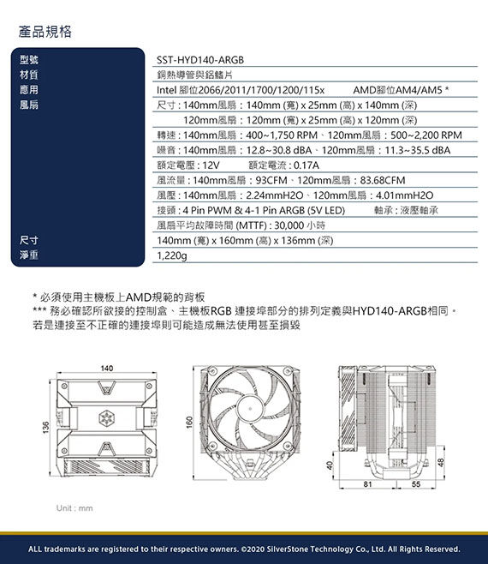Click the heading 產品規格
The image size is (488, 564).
coord(45,32)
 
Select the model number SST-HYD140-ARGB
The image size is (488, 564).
coord(200,60)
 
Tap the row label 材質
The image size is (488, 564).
coord(29,75)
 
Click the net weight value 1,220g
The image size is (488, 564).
coord(172,255)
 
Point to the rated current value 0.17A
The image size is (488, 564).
coord(306,165)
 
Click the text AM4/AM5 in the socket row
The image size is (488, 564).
coord(419,90)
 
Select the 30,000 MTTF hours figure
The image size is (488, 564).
coord(289,225)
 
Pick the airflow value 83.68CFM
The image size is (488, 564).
coord(383,180)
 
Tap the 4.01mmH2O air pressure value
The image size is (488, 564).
coord(404,195)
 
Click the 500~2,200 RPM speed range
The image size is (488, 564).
coord(426,135)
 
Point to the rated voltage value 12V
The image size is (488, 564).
coord(211,165)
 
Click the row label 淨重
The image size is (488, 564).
coord(29,255)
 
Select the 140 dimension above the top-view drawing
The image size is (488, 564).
coord(107,369)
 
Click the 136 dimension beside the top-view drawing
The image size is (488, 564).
coord(45,428)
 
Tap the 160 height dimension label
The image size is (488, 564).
coord(189,423)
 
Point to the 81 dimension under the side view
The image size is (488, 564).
coord(367,484)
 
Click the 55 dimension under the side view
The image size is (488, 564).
coord(416,484)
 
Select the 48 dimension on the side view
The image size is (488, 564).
coord(442,462)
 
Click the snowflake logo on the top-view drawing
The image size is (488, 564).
coord(106,417)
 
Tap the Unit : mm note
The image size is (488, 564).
coord(74,508)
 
